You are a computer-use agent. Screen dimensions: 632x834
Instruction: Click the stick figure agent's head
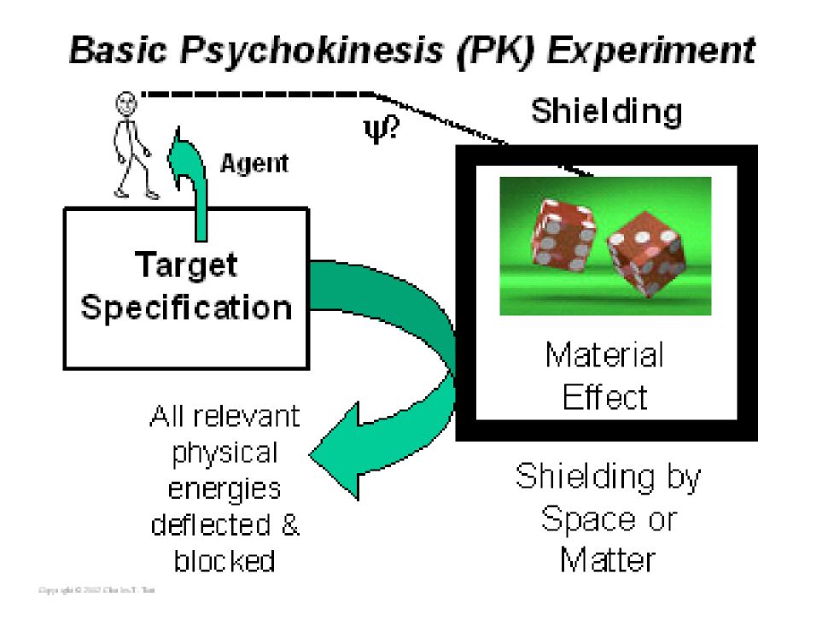pyautogui.click(x=126, y=107)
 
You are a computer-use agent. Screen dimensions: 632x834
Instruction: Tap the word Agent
pyautogui.click(x=254, y=162)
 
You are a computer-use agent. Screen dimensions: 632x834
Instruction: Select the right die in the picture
pyautogui.click(x=645, y=255)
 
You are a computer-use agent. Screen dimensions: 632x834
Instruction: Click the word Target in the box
pyautogui.click(x=186, y=266)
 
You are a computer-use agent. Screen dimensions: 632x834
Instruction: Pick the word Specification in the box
pyautogui.click(x=186, y=307)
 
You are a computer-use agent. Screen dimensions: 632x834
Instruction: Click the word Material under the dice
pyautogui.click(x=604, y=354)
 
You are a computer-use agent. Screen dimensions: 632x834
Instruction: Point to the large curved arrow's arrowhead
pyautogui.click(x=337, y=450)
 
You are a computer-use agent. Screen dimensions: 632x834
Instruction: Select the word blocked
pyautogui.click(x=225, y=561)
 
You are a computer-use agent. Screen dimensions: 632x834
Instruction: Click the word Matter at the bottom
pyautogui.click(x=608, y=560)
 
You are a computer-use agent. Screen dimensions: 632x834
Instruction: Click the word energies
pyautogui.click(x=225, y=489)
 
